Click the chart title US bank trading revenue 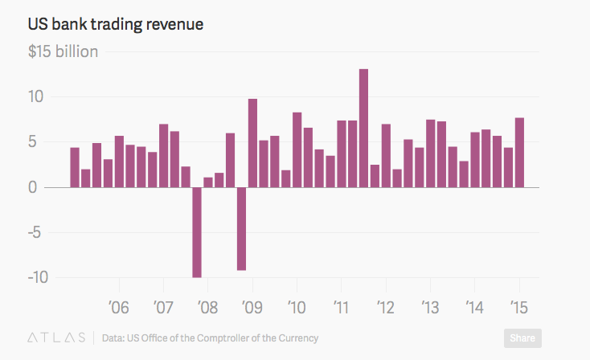point(117,24)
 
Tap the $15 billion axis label point(64,52)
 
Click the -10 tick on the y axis point(38,277)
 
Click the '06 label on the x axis point(119,307)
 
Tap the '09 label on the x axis point(252,307)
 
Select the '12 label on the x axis point(386,307)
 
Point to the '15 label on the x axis point(519,307)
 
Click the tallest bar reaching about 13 point(363,129)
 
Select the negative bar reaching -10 point(197,232)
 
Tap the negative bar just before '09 point(241,228)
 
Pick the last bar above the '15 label point(519,153)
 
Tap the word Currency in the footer point(297,338)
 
